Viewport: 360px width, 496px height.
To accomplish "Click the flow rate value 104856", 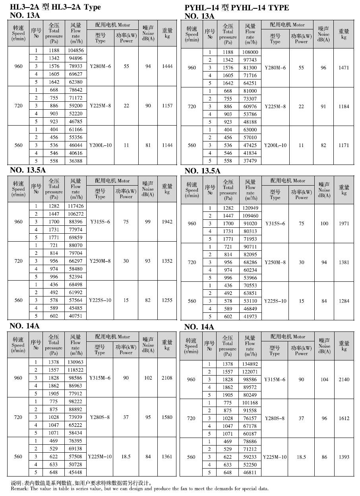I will coord(75,50).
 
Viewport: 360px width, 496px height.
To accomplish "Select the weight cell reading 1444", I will coord(167,66).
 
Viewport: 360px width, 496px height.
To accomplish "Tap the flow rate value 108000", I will coord(250,52).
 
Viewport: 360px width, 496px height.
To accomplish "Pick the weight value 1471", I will coord(344,68).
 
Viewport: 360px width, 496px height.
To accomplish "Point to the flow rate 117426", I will coord(75,206).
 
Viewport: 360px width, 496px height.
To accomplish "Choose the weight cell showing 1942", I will coord(167,221).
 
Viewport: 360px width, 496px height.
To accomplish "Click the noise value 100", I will coord(324,223).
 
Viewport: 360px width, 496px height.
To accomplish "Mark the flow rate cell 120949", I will coord(250,208).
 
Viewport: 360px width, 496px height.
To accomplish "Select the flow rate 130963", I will coord(75,362).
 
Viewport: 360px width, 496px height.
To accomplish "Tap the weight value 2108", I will coord(167,378).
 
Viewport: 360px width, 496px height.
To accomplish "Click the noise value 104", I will coord(324,380).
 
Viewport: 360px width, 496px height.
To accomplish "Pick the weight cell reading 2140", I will coord(344,380).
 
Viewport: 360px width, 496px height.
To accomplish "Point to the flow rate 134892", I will coord(250,364).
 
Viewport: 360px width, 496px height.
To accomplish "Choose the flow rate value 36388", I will coord(75,161).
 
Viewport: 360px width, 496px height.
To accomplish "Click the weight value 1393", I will coord(344,457).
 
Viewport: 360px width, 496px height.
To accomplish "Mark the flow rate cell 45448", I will coord(75,472).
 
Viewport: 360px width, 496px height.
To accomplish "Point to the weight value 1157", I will coord(167,106).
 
